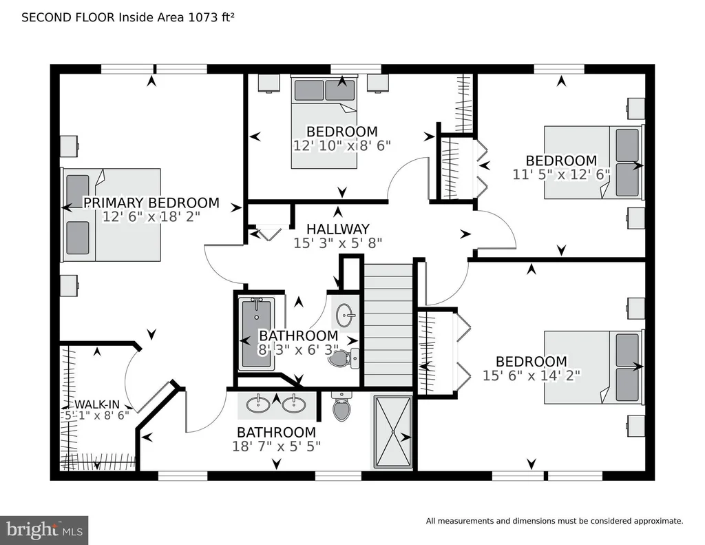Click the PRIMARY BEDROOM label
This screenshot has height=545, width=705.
pos(151,203)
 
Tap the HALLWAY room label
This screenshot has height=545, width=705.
pos(338,229)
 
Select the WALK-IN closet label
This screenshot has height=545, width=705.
pos(96,404)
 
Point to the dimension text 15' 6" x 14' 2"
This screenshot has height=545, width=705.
pos(532,376)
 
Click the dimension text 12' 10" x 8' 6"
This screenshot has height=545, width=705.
pos(342,146)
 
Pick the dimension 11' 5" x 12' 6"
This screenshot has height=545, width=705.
pos(561,174)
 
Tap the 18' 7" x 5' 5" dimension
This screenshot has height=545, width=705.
pos(277,446)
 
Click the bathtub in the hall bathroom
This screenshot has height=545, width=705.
pos(256,333)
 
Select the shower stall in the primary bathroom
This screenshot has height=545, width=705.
pos(393,432)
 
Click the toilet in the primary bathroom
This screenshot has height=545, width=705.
pos(341,407)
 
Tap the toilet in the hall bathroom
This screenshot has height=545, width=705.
pos(344,358)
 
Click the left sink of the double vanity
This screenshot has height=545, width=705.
pos(258,404)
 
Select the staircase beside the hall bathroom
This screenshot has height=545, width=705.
pos(388,325)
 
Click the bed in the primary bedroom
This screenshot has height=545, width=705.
pos(112,215)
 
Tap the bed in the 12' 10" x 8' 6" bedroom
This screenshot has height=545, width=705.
pos(324,122)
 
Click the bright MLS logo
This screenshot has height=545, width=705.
pos(44,530)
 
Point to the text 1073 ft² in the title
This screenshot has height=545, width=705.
pos(211,17)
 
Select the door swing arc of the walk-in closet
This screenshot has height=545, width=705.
pos(127,378)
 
